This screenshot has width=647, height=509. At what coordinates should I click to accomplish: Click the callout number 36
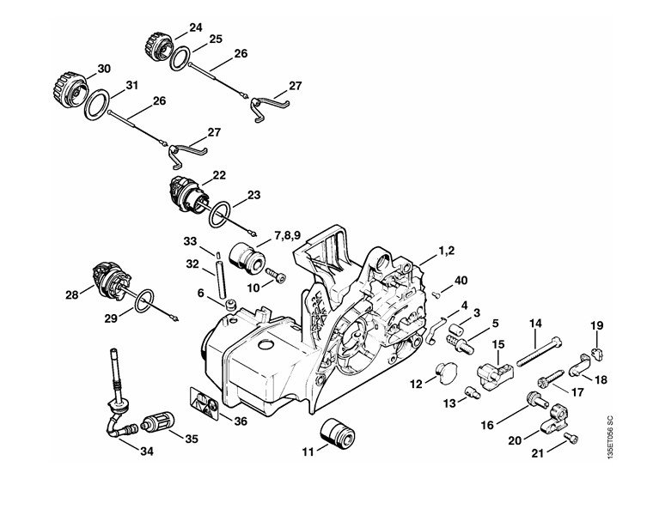tap(241, 421)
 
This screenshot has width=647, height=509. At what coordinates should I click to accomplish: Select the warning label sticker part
tap(204, 403)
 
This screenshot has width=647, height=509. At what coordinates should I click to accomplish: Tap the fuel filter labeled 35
tap(158, 425)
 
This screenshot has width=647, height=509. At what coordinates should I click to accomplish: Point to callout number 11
tap(308, 451)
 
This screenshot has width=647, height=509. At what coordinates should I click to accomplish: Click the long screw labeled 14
tap(538, 351)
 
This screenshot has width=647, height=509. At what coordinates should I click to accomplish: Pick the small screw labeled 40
tap(437, 294)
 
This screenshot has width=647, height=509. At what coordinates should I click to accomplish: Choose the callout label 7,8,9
tap(288, 236)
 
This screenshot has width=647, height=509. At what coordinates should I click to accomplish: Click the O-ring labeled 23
tap(219, 215)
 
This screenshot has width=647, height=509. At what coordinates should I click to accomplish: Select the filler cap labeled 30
tap(70, 87)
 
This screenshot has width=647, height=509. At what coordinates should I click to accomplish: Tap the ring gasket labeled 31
tap(97, 105)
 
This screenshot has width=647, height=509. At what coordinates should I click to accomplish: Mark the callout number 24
tap(196, 27)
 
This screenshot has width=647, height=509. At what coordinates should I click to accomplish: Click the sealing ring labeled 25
tap(180, 58)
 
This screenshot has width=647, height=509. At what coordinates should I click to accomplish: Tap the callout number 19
tap(596, 325)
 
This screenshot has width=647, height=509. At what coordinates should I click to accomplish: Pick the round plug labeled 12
tap(446, 373)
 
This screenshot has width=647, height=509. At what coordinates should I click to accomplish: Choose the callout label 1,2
tap(446, 250)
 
